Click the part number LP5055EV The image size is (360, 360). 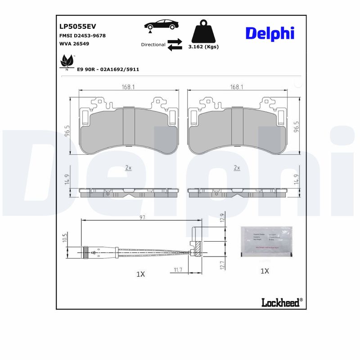coord(78,27)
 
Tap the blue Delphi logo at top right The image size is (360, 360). coord(270,33)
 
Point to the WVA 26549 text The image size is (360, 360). coord(74,44)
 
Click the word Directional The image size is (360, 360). coord(153,45)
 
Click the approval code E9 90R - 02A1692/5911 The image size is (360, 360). coord(108,70)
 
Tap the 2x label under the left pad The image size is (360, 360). coord(128,168)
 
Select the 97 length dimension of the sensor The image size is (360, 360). coord(142,217)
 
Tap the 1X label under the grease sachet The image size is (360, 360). coord(265,271)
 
